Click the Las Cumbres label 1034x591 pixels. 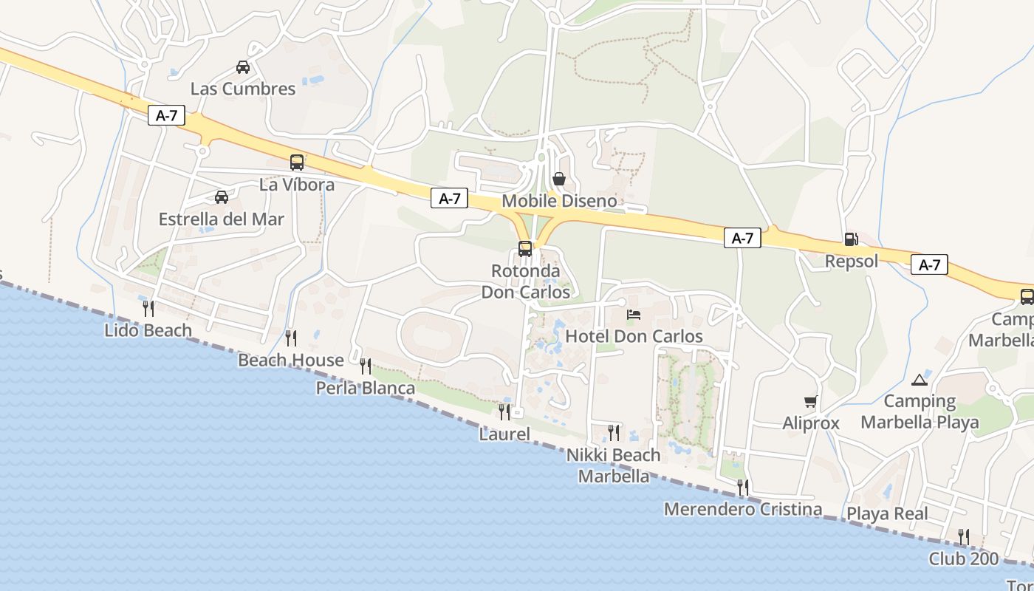tap(242, 89)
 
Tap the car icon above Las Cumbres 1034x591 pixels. tap(242, 67)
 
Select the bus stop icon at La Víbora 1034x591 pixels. tap(297, 163)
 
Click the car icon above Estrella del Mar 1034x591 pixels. tap(221, 197)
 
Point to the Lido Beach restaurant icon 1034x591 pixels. tap(148, 308)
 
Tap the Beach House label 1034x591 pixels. tap(291, 361)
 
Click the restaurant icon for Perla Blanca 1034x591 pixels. tap(365, 366)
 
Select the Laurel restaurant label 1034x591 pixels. tap(504, 434)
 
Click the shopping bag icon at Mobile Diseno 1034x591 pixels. tap(559, 179)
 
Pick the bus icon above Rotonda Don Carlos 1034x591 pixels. tap(525, 249)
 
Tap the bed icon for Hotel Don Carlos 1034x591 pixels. tap(634, 315)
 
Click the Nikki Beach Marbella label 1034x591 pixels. tap(614, 465)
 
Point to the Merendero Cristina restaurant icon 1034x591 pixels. tap(742, 487)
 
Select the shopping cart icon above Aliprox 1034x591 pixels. tap(811, 402)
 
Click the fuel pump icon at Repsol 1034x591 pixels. tap(851, 239)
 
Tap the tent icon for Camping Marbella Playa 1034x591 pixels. tap(919, 380)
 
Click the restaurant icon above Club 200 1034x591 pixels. tap(963, 536)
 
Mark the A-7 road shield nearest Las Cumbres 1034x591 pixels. tap(166, 115)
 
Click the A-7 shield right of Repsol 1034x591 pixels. tap(929, 264)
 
